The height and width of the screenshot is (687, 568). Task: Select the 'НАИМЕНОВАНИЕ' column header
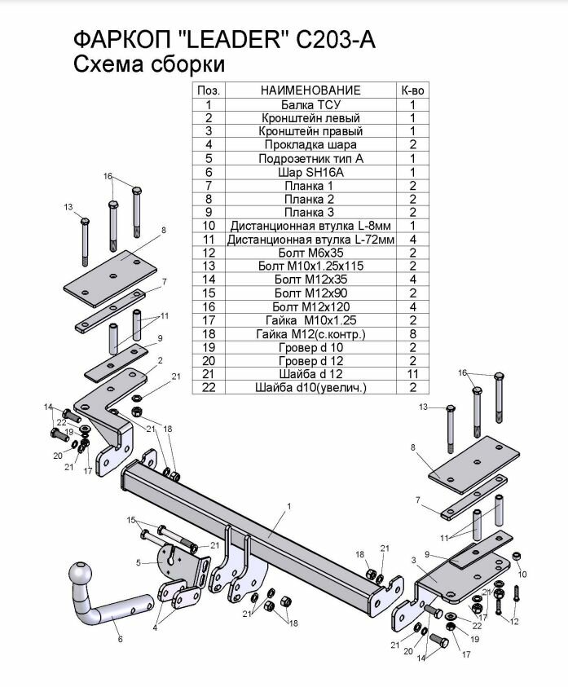point(310,90)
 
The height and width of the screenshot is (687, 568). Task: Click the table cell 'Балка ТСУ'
point(310,105)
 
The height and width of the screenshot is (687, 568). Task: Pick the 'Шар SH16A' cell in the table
point(310,172)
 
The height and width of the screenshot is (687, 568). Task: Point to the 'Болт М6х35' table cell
point(310,253)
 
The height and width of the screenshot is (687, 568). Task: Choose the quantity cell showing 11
point(413,373)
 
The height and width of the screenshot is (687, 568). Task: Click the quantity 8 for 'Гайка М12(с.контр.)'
point(413,333)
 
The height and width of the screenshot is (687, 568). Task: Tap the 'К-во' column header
point(413,90)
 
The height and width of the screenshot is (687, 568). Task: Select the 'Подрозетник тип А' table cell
point(310,158)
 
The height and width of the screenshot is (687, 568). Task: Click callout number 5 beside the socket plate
point(139,562)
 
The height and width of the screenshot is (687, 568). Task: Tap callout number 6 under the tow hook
point(120,640)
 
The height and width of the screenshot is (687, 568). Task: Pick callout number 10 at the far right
point(523,575)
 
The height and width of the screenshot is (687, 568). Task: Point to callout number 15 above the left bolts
point(130,520)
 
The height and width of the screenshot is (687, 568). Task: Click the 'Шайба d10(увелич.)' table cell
point(310,387)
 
